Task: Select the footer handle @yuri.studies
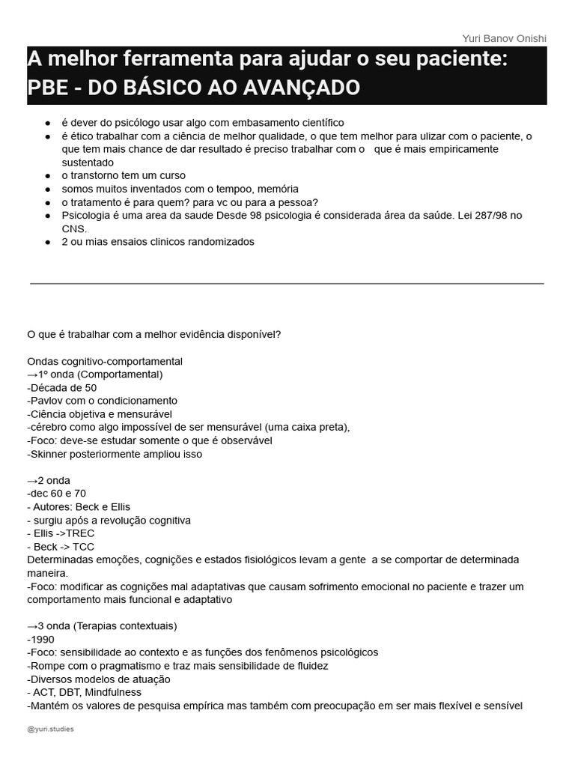pos(50,729)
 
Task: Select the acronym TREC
pos(80,533)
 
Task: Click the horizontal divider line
pos(287,284)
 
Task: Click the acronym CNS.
pos(74,228)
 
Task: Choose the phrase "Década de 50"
pos(62,387)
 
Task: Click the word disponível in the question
pos(255,334)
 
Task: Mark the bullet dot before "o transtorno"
pos(48,176)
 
